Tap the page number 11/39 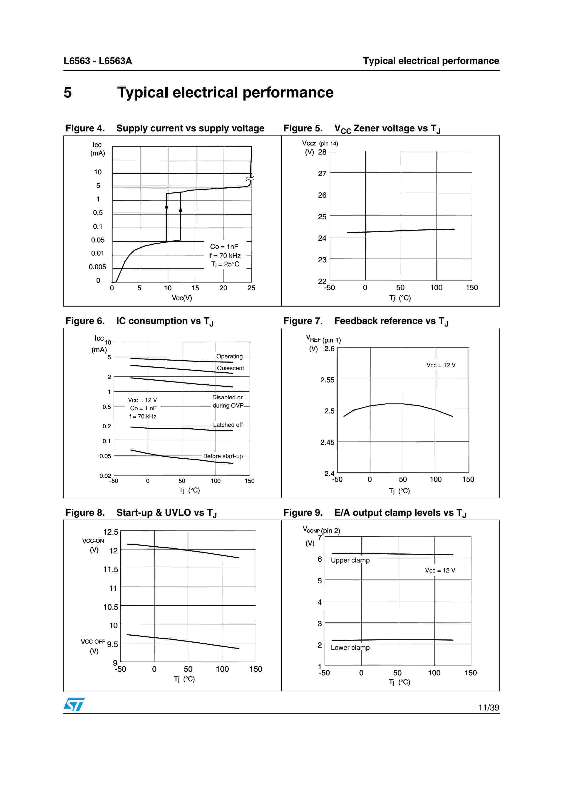click(489, 708)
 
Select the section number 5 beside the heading click(68, 93)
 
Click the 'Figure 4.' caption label click(85, 128)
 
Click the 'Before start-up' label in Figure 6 click(223, 456)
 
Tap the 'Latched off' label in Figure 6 click(228, 425)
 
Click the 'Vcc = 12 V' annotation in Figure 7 click(441, 365)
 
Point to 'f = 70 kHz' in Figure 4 click(225, 256)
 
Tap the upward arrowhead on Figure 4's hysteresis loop click(180, 209)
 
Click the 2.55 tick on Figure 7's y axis click(327, 380)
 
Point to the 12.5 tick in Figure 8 click(111, 532)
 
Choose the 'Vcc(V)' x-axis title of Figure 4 click(182, 298)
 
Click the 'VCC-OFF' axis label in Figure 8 click(93, 642)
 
